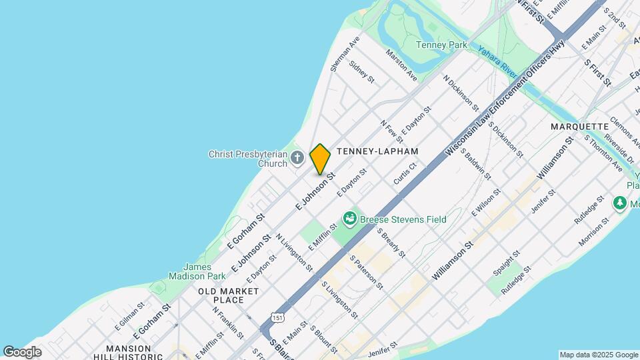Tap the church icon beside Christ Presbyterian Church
coord(297,158)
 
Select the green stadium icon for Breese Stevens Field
coord(349,219)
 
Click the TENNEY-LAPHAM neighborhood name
coord(377,151)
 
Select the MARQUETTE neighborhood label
coord(579,127)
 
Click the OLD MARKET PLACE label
coord(228,295)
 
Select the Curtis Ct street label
coord(405,173)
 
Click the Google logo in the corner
coord(22,352)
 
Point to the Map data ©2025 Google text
coord(598,355)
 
